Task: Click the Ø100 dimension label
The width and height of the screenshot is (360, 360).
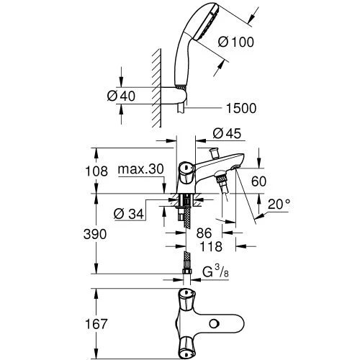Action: pyautogui.click(x=236, y=42)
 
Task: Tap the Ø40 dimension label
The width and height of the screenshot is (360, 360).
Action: pyautogui.click(x=121, y=96)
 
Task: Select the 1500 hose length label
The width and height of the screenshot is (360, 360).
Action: pyautogui.click(x=241, y=108)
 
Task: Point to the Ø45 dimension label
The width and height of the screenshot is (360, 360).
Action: pyautogui.click(x=227, y=133)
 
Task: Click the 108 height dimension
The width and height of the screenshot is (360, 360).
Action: pyautogui.click(x=96, y=171)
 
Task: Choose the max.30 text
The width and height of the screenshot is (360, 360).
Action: pyautogui.click(x=141, y=169)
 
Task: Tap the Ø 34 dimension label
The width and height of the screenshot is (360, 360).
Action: pyautogui.click(x=129, y=214)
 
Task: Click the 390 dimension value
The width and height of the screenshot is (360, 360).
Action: pyautogui.click(x=95, y=234)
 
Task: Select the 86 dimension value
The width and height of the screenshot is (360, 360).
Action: pyautogui.click(x=204, y=233)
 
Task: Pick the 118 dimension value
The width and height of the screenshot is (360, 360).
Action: pyautogui.click(x=211, y=246)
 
